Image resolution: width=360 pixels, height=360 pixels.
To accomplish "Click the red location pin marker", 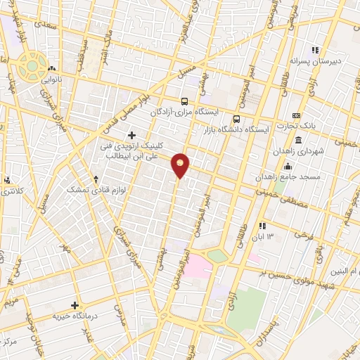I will click(181, 165).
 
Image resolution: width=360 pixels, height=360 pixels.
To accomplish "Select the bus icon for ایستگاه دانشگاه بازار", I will click(237, 119).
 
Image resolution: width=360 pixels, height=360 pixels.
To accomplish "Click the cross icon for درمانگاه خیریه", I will click(76, 305).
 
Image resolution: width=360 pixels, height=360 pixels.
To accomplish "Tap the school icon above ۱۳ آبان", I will click(262, 226).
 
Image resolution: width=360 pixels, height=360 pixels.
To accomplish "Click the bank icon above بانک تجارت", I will click(296, 115).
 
